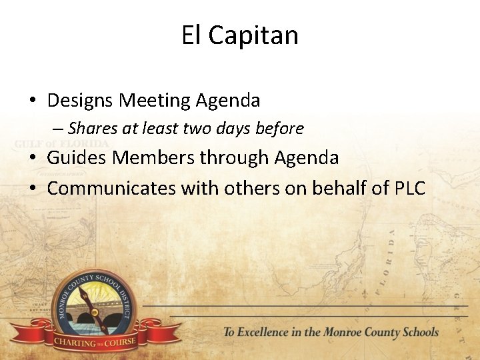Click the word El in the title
click(x=191, y=35)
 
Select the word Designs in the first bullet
click(x=81, y=101)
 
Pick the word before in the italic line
click(x=280, y=129)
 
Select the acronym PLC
click(x=409, y=189)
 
